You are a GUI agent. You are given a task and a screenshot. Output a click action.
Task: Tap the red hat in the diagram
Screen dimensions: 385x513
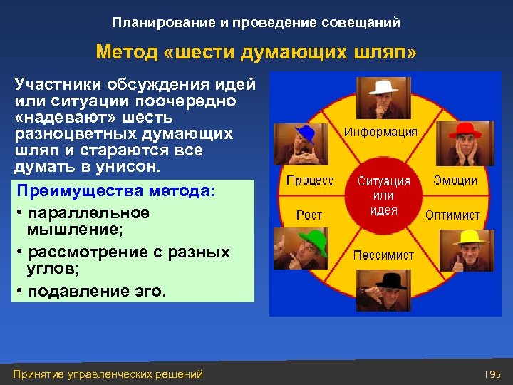point(464,130)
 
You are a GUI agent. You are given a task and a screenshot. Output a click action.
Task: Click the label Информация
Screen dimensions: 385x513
point(380,132)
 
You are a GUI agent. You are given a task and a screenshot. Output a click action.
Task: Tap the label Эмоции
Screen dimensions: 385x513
point(455,180)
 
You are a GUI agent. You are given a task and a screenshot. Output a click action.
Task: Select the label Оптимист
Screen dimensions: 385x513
point(452,215)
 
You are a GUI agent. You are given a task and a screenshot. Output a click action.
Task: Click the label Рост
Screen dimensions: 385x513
point(309,215)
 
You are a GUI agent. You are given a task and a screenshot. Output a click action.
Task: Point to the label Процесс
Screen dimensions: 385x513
point(310,180)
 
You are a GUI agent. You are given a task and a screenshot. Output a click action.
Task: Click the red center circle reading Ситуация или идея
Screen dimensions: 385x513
point(384,195)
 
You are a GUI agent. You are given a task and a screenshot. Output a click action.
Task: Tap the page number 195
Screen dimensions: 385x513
point(492,374)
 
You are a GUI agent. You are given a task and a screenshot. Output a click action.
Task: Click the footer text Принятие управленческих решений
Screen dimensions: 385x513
point(108,374)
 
